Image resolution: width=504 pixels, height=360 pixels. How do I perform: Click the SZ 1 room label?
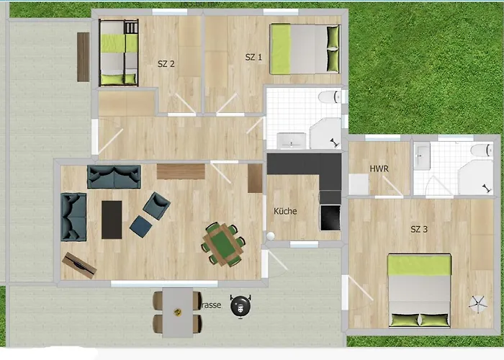pos(253,57)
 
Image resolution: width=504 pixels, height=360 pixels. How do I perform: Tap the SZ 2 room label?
pos(166,63)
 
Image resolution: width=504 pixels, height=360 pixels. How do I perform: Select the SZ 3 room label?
pos(419,230)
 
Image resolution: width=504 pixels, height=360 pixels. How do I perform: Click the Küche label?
pos(285,212)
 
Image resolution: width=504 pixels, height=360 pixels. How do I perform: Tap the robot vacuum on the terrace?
pos(241,307)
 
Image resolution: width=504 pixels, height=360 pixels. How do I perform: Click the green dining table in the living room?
pos(222,243)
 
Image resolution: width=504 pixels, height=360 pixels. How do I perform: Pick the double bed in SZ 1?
pos(305,49)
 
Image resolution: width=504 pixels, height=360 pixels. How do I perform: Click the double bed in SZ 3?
pos(420,291)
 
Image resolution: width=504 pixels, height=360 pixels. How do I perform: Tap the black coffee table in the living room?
pos(112,219)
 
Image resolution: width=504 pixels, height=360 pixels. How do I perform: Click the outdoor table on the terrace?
pos(177,312)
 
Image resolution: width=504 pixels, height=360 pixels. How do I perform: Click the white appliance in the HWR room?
pos(358,184)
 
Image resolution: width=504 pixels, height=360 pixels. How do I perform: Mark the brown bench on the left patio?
pos(84,57)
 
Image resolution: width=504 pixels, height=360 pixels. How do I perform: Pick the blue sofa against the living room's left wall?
pos(73,216)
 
